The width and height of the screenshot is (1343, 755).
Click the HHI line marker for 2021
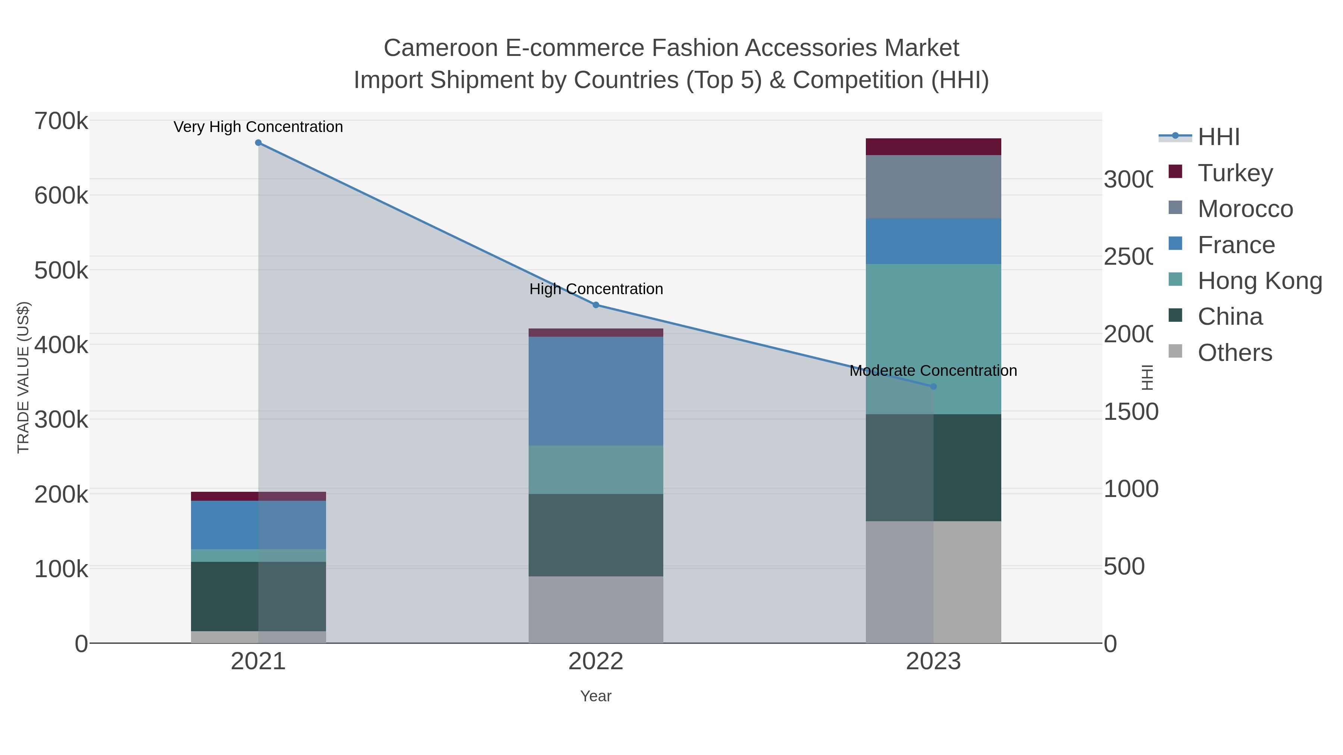pos(258,143)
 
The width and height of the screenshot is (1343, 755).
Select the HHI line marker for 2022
pos(596,305)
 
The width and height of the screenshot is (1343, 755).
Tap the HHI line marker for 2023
pos(933,387)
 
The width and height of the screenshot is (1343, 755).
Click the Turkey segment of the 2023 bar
pos(933,147)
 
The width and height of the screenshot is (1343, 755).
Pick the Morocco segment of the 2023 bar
pos(933,187)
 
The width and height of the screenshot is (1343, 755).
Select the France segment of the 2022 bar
pos(596,391)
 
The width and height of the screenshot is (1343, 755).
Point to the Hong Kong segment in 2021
pos(258,556)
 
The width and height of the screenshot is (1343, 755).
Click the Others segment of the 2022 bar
pos(596,609)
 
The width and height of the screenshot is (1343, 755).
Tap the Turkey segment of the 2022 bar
pos(596,333)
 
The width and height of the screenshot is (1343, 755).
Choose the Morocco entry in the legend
pos(1245,209)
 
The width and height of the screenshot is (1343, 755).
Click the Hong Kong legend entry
pos(1259,281)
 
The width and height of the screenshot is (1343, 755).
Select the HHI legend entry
pos(1218,137)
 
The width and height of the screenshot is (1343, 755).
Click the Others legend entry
pos(1234,353)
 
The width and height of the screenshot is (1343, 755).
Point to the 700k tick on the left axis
pos(62,122)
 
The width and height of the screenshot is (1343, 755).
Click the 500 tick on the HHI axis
pos(1124,566)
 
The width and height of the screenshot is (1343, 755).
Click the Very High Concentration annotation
pos(258,127)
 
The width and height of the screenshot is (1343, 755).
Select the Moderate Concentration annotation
pos(933,371)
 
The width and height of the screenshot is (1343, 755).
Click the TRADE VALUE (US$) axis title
pos(24,377)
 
